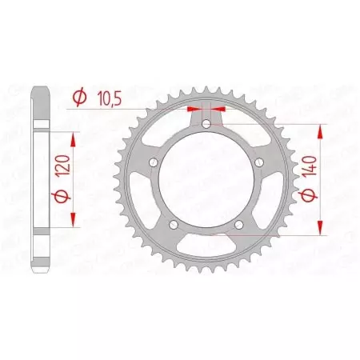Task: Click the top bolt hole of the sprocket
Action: click(x=207, y=124)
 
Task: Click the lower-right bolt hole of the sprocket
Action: click(x=240, y=226)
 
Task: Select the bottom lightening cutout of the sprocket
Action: click(x=207, y=251)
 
